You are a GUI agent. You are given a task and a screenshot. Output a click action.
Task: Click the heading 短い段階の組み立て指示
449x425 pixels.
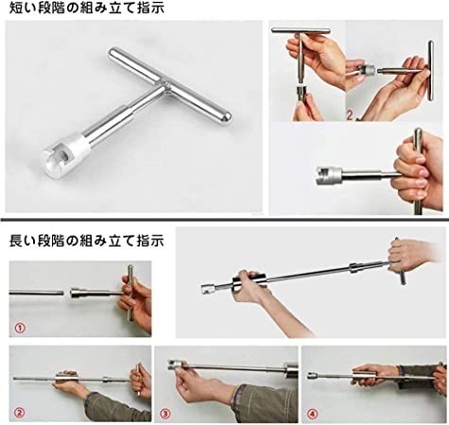87,8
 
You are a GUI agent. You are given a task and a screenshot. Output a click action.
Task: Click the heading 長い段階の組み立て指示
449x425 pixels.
87,241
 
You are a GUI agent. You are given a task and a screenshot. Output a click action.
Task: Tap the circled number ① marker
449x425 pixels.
20,329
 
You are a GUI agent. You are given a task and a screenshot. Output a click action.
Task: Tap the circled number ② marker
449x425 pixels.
20,413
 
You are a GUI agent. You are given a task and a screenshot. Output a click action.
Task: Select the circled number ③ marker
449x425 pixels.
164,413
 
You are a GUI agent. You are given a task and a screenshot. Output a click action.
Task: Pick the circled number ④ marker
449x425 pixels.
312,414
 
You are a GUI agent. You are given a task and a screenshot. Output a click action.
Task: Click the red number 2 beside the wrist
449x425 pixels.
350,114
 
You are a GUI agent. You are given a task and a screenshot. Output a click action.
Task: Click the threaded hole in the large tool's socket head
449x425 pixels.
66,154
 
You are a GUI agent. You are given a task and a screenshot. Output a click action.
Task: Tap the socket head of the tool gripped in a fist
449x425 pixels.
328,176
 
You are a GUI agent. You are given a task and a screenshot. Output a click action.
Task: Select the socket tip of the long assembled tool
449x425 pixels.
208,289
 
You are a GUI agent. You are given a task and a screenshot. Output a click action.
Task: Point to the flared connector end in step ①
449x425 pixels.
75,294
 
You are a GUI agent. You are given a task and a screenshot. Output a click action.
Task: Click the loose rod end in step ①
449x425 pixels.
61,293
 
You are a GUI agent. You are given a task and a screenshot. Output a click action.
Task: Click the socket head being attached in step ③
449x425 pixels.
175,365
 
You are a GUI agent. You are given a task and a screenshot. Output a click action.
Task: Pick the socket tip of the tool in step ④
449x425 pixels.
313,375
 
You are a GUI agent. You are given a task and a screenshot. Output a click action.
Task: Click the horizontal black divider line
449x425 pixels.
224,219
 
